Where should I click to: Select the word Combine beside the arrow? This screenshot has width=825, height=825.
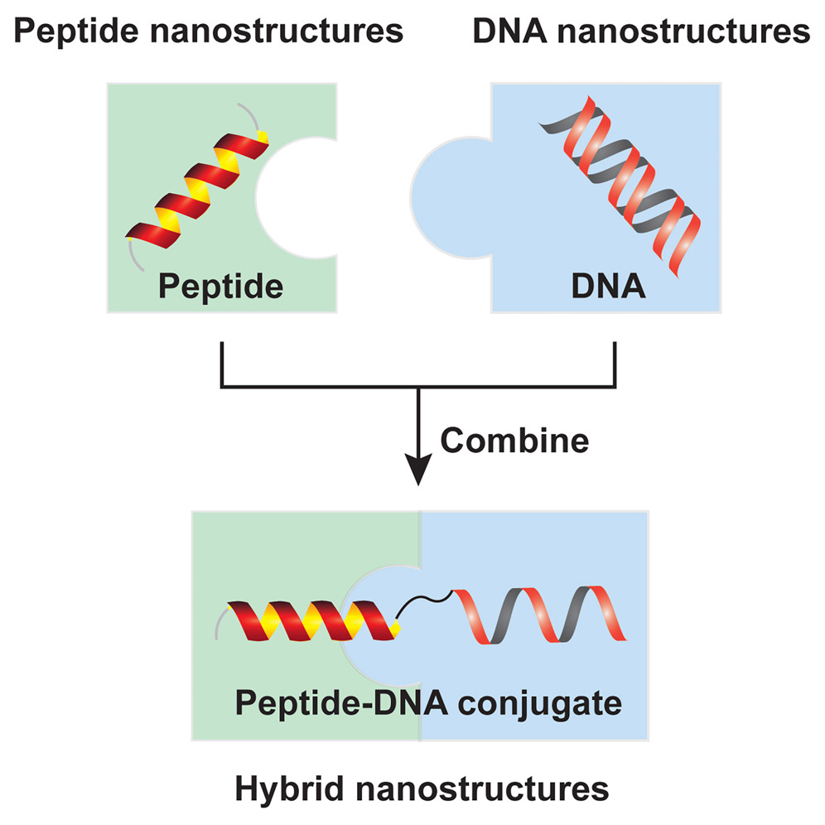[x=514, y=440]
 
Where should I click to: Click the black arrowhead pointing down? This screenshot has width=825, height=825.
[x=420, y=473]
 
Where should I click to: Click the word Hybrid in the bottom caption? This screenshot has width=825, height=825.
[x=277, y=788]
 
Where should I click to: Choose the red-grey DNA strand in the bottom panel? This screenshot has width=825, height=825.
[x=538, y=617]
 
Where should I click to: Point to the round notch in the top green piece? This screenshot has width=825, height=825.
[x=294, y=197]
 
